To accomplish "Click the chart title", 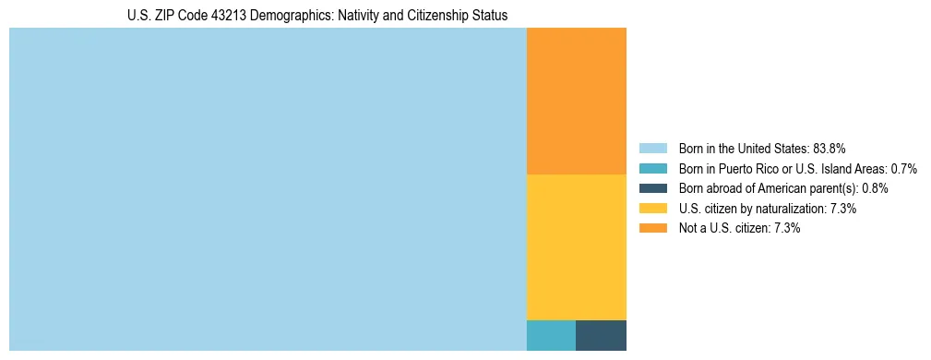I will pos(317,16).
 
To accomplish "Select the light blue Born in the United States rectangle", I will pos(268,189).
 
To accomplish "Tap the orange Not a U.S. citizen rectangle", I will pos(576,101).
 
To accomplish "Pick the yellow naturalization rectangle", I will pos(576,246).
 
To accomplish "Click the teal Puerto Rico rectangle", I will pos(551,335).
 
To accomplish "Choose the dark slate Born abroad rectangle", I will pos(601,335).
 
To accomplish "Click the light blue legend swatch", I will pos(652,149).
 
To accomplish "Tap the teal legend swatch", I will pos(652,169).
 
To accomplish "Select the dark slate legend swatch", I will pos(652,188).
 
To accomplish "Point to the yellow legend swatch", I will pos(652,209).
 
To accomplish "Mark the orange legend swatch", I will pos(652,228).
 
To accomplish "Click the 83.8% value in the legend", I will pos(830,149).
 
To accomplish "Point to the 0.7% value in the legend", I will pos(903,169).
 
